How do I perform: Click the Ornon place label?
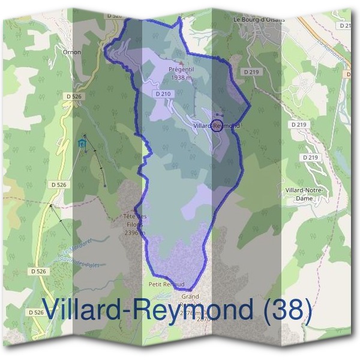(x=71, y=52)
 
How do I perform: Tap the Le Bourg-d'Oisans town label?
(x=259, y=19)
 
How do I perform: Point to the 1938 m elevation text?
(x=181, y=77)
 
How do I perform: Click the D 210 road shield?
(x=163, y=94)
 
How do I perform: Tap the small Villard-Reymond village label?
(x=217, y=126)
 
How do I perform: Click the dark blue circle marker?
(x=218, y=125)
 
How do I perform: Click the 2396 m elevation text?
(x=134, y=233)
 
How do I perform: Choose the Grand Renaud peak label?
(x=191, y=297)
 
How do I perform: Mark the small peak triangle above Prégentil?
(x=181, y=62)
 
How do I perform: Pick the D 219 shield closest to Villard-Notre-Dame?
(x=310, y=157)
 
